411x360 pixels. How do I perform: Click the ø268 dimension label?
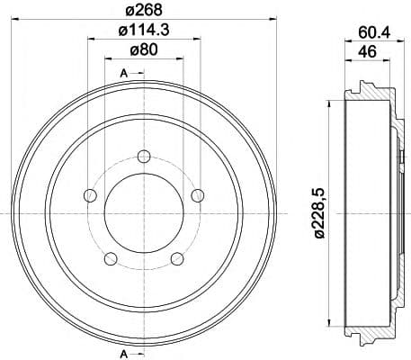[x=144, y=10]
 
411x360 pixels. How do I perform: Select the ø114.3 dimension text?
[x=144, y=30]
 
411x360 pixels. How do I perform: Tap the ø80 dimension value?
[x=144, y=49]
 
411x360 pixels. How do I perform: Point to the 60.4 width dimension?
[x=374, y=32]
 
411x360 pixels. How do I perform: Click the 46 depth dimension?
[x=368, y=51]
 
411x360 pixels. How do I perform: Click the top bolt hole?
[x=144, y=156]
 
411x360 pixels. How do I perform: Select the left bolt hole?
[x=90, y=195]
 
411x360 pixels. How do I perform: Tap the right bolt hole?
[x=198, y=195]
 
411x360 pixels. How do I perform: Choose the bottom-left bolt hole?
[x=111, y=259]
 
